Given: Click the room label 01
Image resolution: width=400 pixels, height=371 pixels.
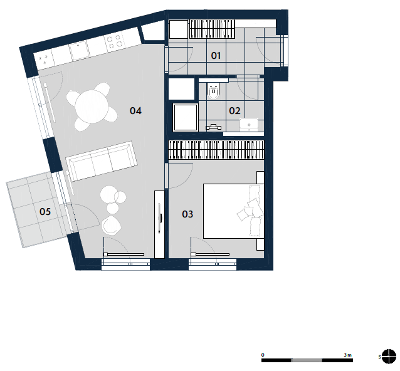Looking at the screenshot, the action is point(216,56).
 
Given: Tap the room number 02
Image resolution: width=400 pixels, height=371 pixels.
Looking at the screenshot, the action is point(234,111).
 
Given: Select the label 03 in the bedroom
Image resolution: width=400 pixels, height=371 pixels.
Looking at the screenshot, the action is point(187,214).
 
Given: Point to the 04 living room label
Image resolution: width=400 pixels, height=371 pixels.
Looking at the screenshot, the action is point(135,111).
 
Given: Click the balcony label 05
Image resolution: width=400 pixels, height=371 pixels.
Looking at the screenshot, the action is point(45,212).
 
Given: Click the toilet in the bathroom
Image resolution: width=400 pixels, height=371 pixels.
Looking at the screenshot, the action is point(213,90).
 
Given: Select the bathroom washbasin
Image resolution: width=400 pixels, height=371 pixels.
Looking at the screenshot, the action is point(249,125).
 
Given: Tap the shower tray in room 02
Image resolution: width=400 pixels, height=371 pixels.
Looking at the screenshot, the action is point(186,117).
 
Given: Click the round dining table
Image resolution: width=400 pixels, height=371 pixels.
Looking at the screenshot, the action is point(92,107).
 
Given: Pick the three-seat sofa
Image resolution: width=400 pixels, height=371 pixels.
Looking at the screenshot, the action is point(102,161).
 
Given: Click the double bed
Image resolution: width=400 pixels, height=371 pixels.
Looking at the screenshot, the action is point(233,211).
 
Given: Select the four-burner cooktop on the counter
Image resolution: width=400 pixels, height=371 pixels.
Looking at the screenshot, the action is point(114,42).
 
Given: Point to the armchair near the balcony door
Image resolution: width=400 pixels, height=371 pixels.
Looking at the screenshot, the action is point(111,225).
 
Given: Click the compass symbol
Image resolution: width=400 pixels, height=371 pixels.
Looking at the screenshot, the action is point(389,356).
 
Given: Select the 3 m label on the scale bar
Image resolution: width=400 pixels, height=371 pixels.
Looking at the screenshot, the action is point(347,355).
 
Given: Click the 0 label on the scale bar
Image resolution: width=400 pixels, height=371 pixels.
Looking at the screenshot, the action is point(263,355).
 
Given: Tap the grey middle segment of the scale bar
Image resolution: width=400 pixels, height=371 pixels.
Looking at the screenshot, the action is point(307,360).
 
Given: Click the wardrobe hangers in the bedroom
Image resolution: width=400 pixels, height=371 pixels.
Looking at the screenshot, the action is point(216,150).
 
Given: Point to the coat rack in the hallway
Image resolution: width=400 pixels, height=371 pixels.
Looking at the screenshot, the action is point(212,29).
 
